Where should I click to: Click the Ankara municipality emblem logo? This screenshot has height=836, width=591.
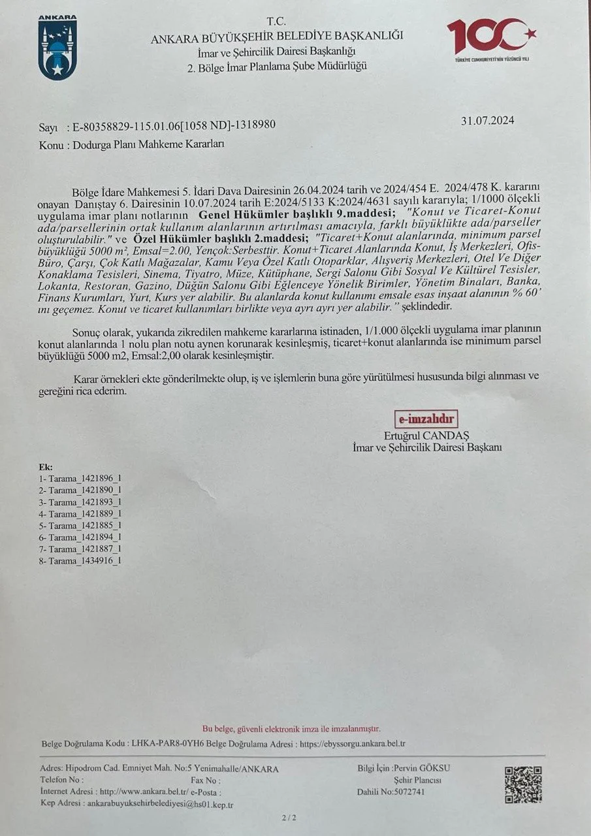click(x=57, y=48)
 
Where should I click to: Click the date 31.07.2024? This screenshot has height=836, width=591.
click(x=487, y=120)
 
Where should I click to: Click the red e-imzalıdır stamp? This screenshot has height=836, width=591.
click(x=426, y=419)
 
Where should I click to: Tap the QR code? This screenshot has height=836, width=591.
click(x=523, y=784)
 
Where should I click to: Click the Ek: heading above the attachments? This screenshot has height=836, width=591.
click(x=46, y=467)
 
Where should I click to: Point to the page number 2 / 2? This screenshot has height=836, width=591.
click(x=288, y=817)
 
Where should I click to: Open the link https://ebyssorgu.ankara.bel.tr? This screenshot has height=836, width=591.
click(x=353, y=744)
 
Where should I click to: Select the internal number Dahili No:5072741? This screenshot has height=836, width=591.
click(x=391, y=792)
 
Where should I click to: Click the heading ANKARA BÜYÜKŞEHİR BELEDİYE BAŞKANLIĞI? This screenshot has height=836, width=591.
click(x=277, y=37)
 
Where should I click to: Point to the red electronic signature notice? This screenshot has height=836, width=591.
click(x=291, y=728)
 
